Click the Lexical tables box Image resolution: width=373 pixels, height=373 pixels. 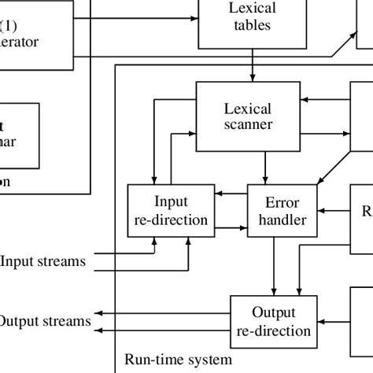tap(252, 17)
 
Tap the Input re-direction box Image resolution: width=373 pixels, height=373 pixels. tap(170, 210)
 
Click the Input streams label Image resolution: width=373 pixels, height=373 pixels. tap(43, 260)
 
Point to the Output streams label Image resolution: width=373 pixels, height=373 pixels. tap(45, 321)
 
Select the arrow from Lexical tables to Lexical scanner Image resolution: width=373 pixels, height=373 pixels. tap(252, 65)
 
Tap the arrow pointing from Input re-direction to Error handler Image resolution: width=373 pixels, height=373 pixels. tap(230, 227)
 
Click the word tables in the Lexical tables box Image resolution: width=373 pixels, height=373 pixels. tap(252, 25)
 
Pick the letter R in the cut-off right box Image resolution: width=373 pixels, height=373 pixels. tap(367, 211)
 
